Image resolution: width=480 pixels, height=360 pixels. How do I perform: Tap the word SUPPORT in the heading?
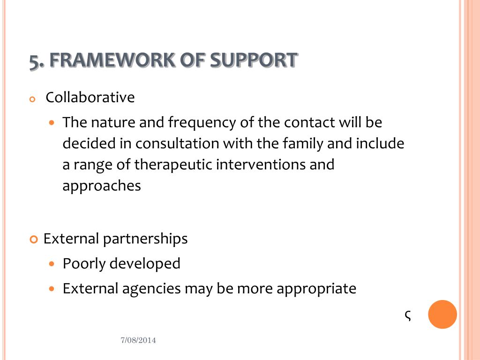click(253, 60)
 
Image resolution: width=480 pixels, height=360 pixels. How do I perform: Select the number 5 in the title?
click(33, 61)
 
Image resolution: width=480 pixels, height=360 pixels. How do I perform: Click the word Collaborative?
click(90, 97)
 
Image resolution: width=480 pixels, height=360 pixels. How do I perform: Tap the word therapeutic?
click(173, 165)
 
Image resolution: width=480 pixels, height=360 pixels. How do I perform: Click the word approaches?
click(102, 186)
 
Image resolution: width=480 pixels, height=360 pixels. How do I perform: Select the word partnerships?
click(145, 239)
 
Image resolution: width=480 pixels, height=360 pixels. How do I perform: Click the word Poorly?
click(84, 264)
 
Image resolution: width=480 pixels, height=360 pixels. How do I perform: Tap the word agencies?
click(151, 289)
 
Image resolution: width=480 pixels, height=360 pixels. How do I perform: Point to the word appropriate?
click(316, 289)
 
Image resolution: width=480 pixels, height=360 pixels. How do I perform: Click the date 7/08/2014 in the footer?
click(138, 341)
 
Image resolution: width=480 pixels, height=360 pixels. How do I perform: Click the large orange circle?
click(442, 314)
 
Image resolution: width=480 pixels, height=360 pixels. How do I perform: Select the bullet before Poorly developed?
click(52, 263)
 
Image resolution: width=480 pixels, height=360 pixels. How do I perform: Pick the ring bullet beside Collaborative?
click(32, 99)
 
